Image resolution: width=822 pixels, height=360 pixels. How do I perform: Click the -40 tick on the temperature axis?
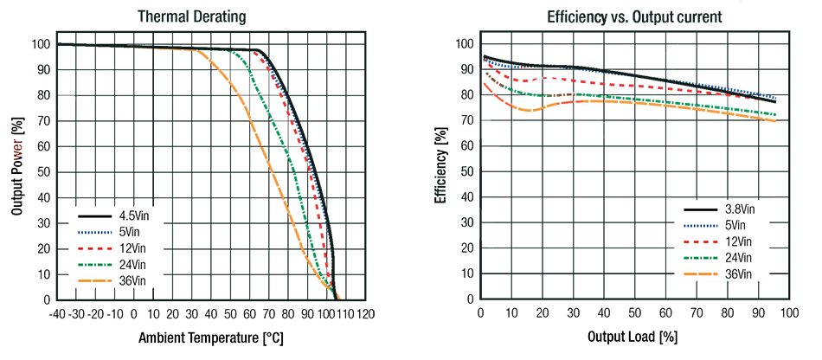tap(57, 313)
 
